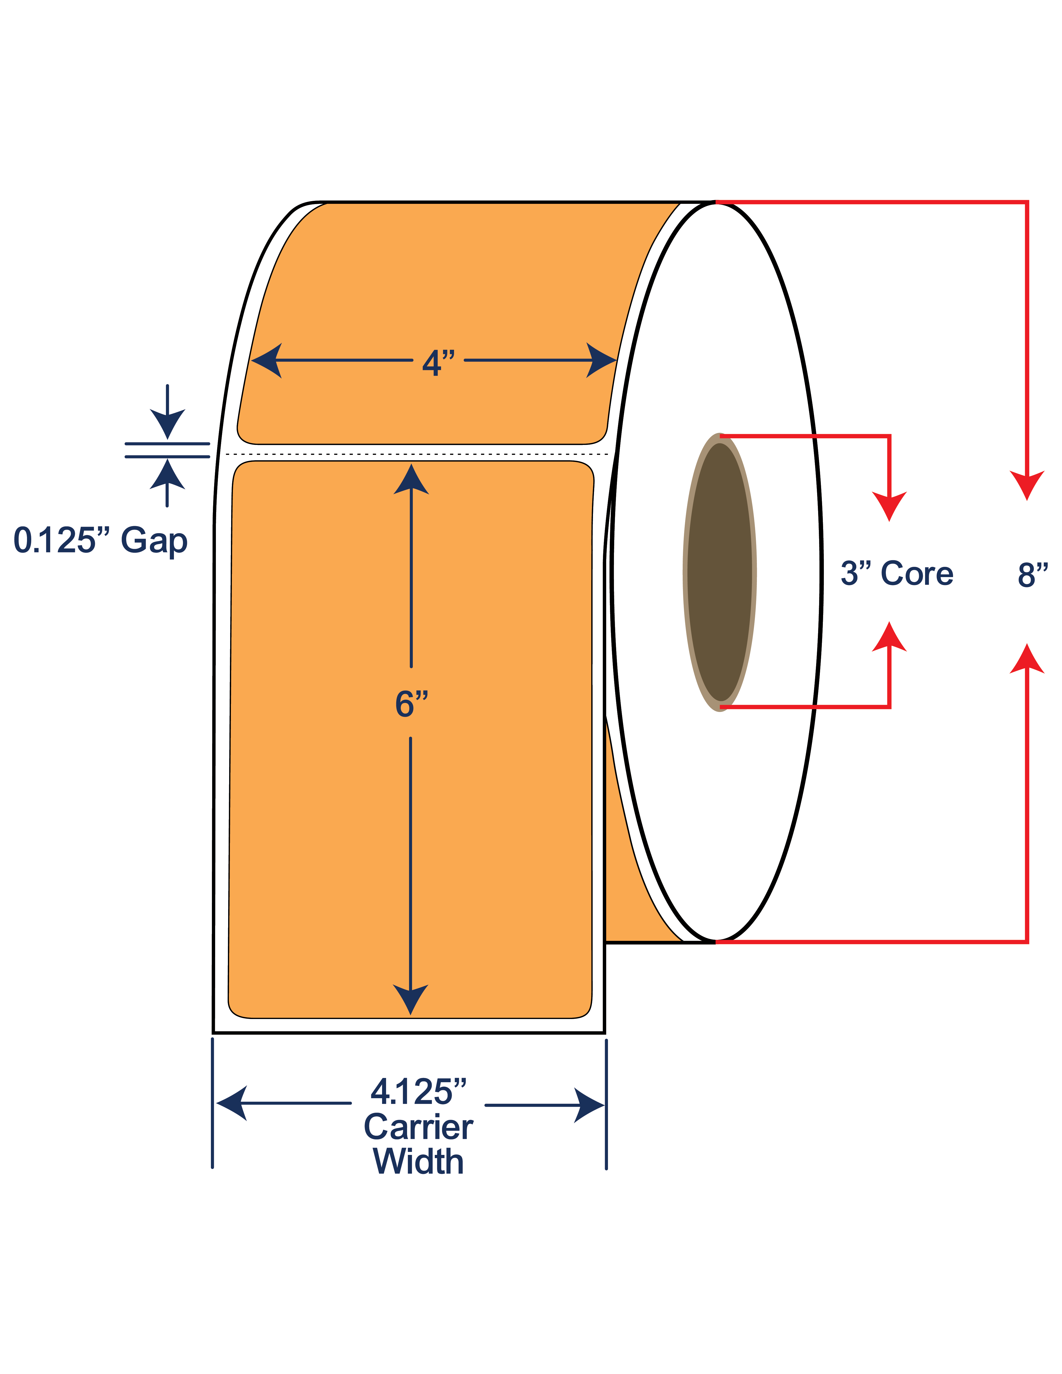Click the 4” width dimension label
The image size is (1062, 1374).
point(439,363)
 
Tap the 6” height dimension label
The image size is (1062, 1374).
point(412,703)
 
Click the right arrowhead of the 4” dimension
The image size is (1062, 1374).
point(601,360)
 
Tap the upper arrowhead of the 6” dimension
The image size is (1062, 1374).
point(412,479)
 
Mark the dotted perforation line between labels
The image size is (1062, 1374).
point(417,454)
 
